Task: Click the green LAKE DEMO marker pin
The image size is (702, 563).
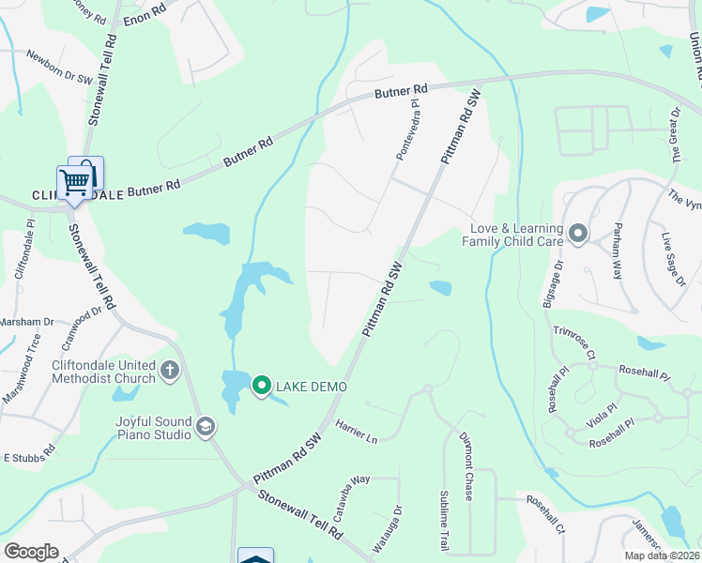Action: tap(262, 385)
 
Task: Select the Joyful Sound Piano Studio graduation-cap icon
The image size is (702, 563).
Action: tap(205, 428)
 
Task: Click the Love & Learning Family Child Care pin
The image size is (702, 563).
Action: tap(577, 233)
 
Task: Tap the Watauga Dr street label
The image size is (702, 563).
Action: tap(398, 528)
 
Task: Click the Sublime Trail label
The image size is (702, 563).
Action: tap(445, 521)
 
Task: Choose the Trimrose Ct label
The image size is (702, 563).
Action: tap(574, 342)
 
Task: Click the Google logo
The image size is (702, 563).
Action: tap(31, 552)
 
